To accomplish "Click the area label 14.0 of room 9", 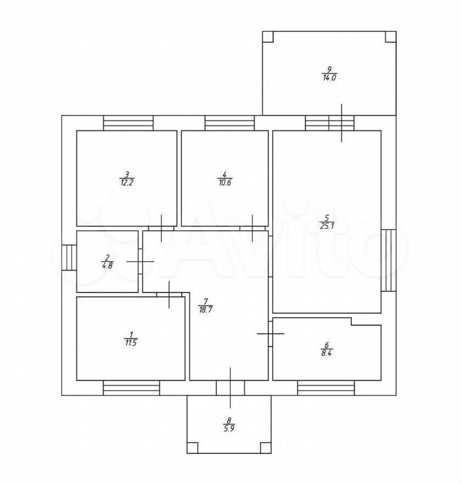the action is click(x=329, y=78).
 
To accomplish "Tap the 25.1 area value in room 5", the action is click(x=327, y=226).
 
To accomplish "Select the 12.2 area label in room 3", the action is click(x=127, y=183).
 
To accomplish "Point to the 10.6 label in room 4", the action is click(x=225, y=183).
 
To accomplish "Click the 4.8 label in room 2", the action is click(x=107, y=266).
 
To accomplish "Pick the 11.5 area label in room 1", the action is click(x=131, y=343).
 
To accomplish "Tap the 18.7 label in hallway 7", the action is click(x=206, y=310).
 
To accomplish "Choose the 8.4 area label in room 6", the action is click(x=327, y=353).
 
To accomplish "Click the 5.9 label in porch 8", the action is click(x=229, y=428).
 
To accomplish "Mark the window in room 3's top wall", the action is click(x=128, y=123).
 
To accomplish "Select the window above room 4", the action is click(x=230, y=123).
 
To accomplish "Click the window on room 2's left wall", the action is click(x=69, y=257).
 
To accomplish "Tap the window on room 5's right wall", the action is click(x=389, y=260).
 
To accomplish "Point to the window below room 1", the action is click(x=132, y=388).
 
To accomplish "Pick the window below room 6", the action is click(x=326, y=388).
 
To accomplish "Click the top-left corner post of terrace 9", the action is click(x=268, y=37).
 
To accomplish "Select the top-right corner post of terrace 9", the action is click(x=390, y=37).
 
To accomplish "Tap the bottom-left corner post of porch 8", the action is click(x=192, y=448).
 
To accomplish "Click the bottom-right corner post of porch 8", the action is click(x=265, y=448).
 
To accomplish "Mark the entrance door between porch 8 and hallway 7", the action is click(x=230, y=388).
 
